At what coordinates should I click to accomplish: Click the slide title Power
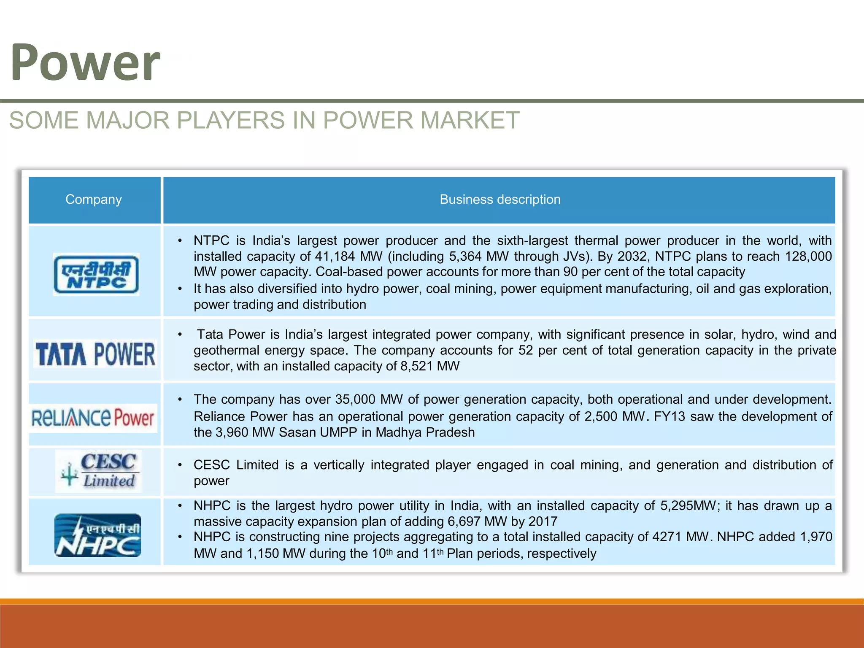coord(85,62)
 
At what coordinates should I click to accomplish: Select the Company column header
coord(94,200)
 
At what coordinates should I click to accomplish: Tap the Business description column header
coord(500,200)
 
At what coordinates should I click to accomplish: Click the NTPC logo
coord(96,274)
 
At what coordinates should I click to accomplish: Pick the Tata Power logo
coord(95,354)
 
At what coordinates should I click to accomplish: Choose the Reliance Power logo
coord(93,418)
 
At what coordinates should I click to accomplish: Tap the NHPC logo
coord(97,535)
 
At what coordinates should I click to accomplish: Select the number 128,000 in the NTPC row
coord(808,256)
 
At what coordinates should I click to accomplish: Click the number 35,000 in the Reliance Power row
coord(355,400)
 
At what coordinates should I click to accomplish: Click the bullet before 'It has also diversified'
coord(180,289)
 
